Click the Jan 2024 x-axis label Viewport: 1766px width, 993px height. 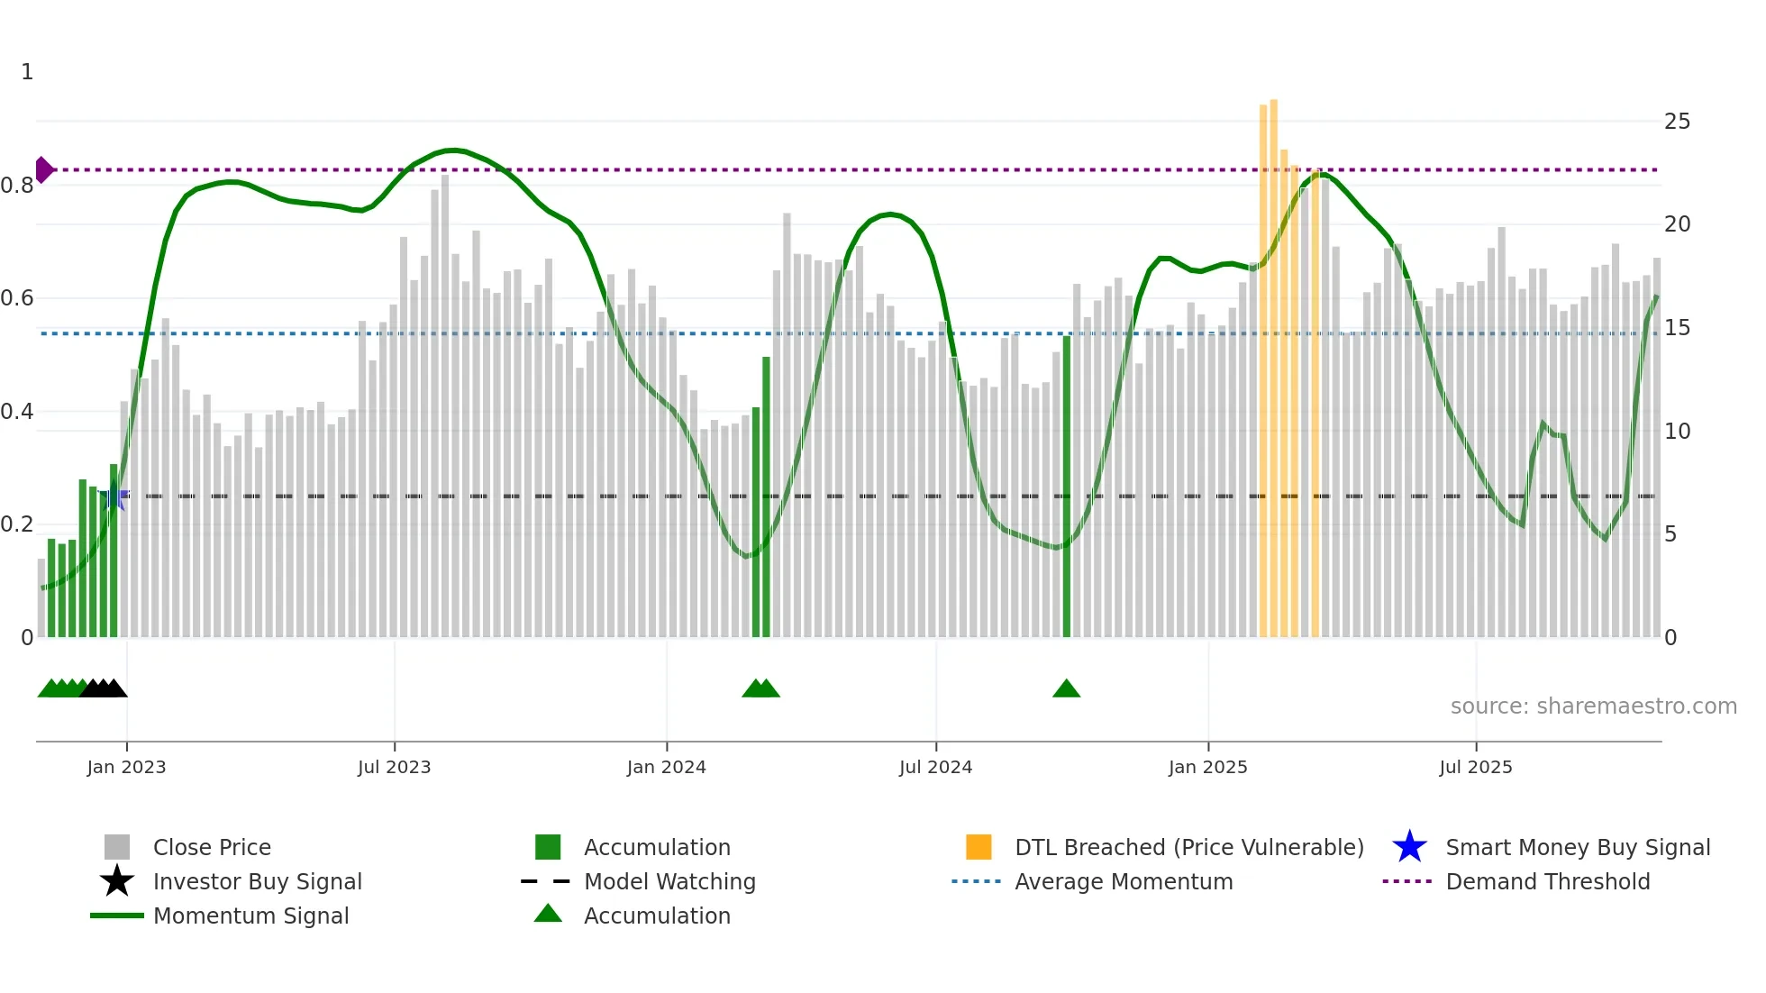click(666, 767)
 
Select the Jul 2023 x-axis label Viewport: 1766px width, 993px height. click(394, 767)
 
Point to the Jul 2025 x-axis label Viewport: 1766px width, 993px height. click(1475, 767)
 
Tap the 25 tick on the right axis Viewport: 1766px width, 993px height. click(1677, 122)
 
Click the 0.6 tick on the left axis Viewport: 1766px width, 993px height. click(17, 298)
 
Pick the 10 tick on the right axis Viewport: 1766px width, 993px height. click(1677, 432)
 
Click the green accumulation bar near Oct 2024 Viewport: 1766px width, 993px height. click(1067, 487)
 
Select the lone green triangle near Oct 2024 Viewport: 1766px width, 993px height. click(1066, 689)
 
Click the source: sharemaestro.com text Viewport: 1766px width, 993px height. click(1593, 706)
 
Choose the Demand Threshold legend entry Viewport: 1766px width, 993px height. click(1547, 881)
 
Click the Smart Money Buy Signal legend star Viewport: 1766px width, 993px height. click(1409, 847)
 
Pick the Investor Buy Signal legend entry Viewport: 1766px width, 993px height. click(257, 881)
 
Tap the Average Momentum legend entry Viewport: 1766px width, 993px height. click(1123, 881)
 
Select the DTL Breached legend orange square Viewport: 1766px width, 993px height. click(979, 847)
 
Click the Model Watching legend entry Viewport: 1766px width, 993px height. click(669, 881)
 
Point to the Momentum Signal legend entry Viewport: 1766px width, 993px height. click(250, 916)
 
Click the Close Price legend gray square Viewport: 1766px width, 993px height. click(117, 847)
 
